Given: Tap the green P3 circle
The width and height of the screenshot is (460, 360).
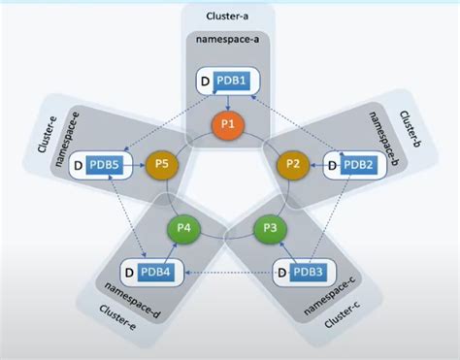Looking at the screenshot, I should click(x=271, y=230).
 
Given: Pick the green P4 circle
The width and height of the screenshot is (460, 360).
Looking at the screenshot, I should click(x=181, y=231).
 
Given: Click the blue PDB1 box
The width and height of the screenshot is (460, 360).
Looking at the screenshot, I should click(x=232, y=79).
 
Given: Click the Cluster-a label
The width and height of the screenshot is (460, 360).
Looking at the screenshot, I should click(x=230, y=16).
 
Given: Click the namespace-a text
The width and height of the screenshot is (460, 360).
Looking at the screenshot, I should click(x=230, y=40).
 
